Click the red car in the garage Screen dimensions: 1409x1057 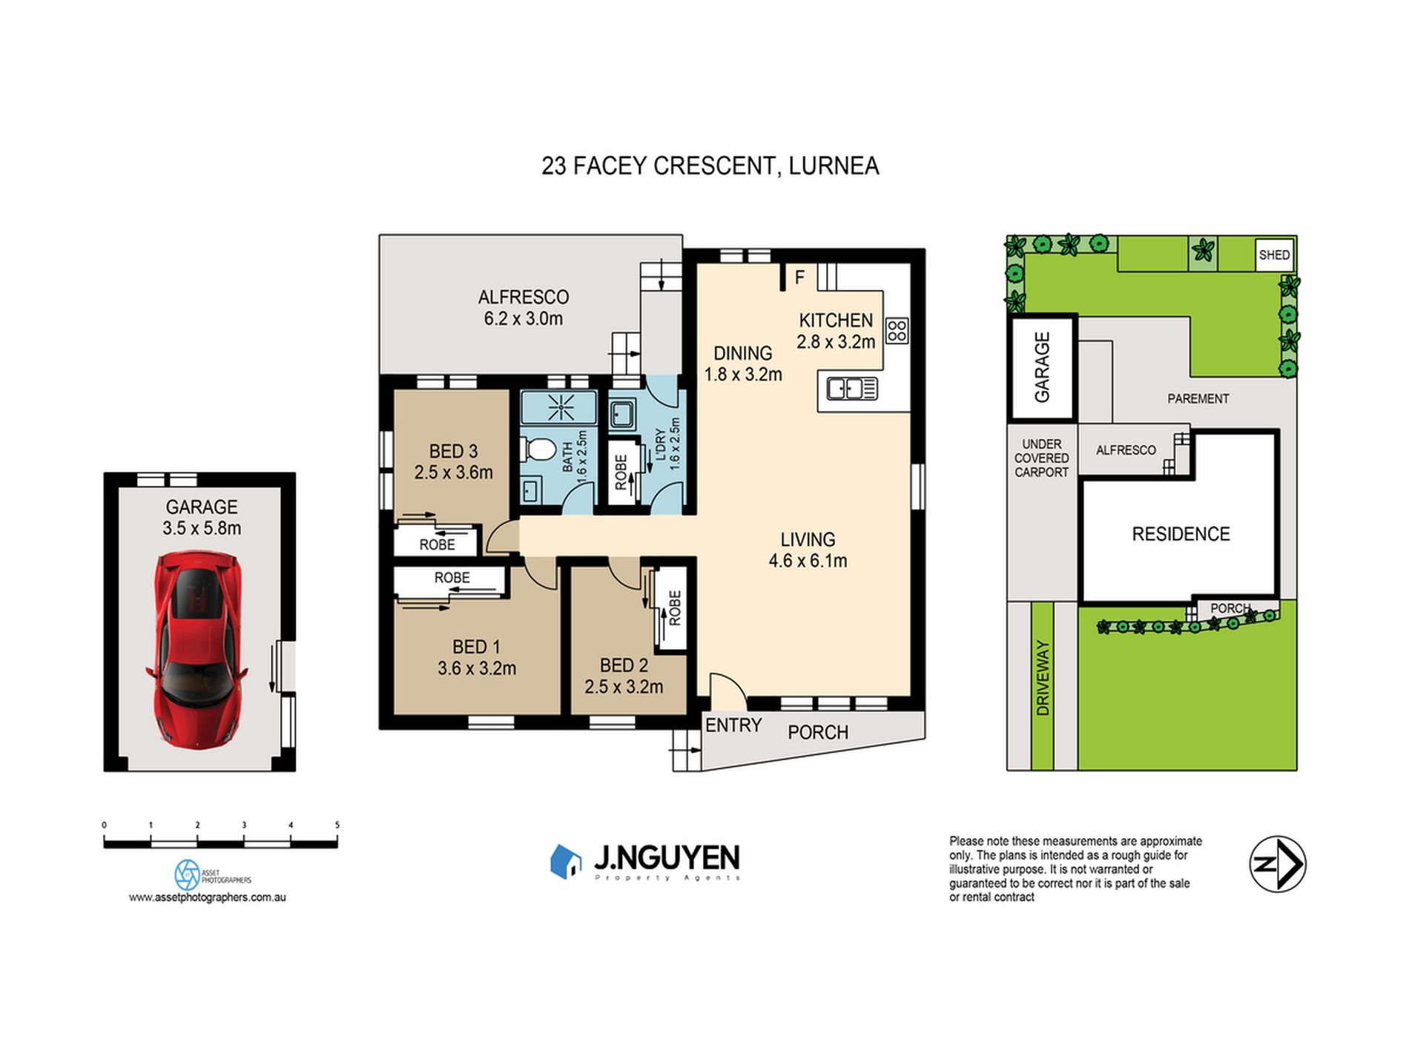pyautogui.click(x=197, y=648)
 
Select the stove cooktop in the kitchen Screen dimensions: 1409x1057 pyautogui.click(x=897, y=331)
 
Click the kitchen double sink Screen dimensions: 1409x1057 pyautogui.click(x=852, y=389)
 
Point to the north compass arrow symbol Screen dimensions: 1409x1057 pyautogui.click(x=1278, y=864)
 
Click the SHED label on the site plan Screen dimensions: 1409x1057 pyautogui.click(x=1274, y=255)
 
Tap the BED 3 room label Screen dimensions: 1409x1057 pyautogui.click(x=453, y=451)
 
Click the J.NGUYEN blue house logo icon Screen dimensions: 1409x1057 pyautogui.click(x=566, y=861)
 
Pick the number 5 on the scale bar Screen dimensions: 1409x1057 pyautogui.click(x=337, y=825)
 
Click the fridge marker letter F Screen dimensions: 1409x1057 pyautogui.click(x=799, y=277)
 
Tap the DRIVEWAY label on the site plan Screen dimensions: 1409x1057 pyautogui.click(x=1043, y=678)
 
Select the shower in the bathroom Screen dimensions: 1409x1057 pyautogui.click(x=558, y=407)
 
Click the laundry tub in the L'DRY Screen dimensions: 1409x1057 pyautogui.click(x=620, y=415)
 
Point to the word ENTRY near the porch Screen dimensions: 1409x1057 pyautogui.click(x=733, y=725)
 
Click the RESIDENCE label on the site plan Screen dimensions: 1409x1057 pyautogui.click(x=1181, y=534)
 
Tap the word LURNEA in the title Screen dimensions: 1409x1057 pyautogui.click(x=834, y=165)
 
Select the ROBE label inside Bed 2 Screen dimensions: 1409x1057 pyautogui.click(x=674, y=608)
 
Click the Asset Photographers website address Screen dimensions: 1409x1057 pyautogui.click(x=207, y=897)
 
